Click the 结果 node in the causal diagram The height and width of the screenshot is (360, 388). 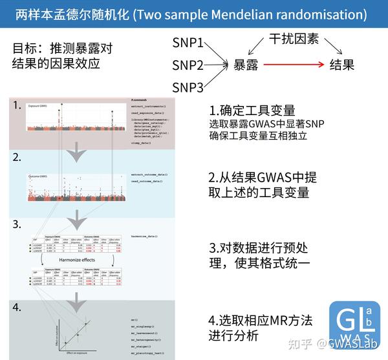(x=342, y=65)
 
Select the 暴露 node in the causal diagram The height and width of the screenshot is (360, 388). (x=246, y=65)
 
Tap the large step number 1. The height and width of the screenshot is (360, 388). (x=16, y=105)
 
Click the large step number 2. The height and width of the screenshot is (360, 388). (x=17, y=157)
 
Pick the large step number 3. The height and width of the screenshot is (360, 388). (x=17, y=224)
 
